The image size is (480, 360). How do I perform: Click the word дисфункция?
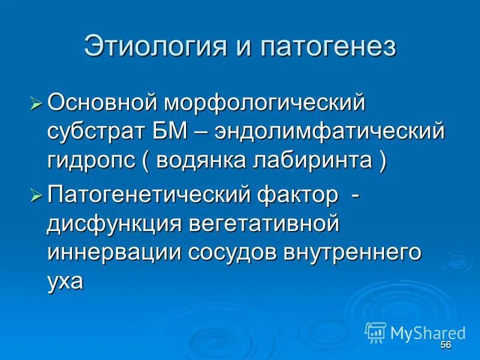(x=113, y=224)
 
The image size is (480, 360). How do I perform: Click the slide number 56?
(x=445, y=345)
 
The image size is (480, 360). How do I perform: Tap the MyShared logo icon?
(x=376, y=332)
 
